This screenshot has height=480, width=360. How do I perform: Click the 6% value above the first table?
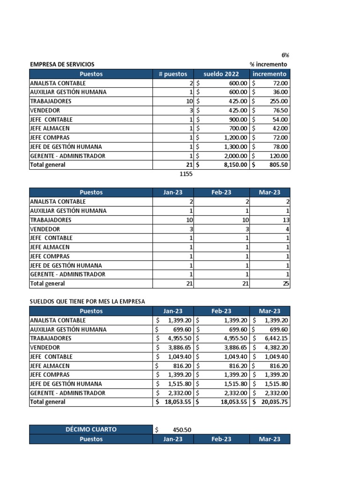(285, 55)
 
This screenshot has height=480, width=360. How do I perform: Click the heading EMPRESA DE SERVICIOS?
(62, 64)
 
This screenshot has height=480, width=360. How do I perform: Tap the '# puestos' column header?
(172, 74)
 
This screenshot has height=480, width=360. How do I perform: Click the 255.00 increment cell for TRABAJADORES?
(279, 101)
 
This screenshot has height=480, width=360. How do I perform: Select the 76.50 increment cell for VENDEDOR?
(280, 110)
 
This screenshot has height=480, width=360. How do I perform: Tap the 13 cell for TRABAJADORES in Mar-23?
(286, 220)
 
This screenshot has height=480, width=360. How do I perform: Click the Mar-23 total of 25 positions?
(286, 284)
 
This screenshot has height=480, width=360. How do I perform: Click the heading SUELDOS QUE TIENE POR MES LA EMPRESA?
(87, 301)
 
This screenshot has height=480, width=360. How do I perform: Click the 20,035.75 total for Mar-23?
(274, 402)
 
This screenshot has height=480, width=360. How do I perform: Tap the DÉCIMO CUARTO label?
(91, 429)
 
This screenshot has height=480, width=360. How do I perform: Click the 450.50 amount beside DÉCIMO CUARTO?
(182, 430)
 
